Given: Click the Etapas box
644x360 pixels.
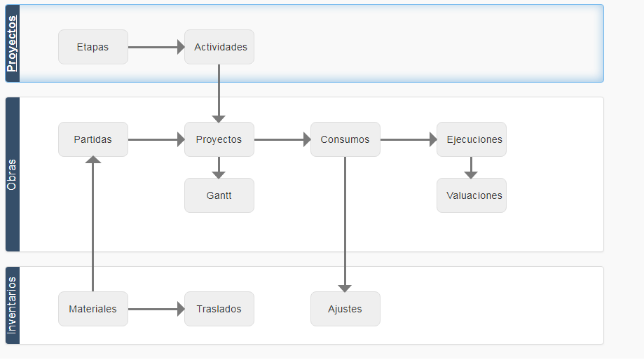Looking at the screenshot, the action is click(93, 47).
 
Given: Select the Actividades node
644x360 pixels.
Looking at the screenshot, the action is click(219, 47).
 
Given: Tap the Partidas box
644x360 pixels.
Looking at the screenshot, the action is click(93, 139).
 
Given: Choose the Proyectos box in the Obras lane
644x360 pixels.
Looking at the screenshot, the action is click(219, 139).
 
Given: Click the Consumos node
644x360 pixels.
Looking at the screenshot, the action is click(345, 139).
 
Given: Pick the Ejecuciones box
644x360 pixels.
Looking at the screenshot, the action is click(472, 139).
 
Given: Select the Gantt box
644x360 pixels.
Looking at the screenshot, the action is click(219, 195).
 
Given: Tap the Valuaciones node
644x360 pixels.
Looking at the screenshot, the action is click(472, 195).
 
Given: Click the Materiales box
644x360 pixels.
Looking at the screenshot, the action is click(93, 309).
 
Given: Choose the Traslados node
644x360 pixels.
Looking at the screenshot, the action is click(219, 309).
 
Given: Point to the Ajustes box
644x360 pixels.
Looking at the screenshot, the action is click(345, 309).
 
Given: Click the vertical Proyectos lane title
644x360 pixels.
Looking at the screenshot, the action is click(12, 43).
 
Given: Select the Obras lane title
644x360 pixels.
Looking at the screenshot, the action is click(12, 174).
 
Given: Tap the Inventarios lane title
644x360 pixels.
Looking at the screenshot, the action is click(12, 305).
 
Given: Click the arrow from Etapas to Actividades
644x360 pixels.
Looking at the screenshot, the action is click(156, 47).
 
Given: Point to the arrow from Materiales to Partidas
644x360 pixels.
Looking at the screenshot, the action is click(93, 223).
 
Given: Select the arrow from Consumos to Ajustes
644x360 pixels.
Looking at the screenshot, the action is click(345, 225).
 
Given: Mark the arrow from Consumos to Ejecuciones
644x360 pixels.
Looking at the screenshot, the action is click(409, 139).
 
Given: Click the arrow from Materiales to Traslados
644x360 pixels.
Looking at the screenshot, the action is click(156, 309).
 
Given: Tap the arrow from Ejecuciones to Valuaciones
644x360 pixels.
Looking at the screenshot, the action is click(471, 167).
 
